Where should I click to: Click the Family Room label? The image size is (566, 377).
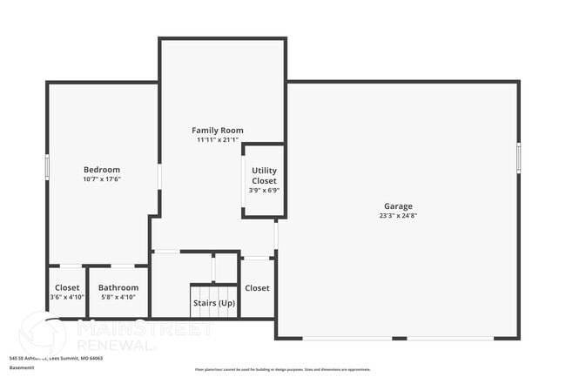(x=218, y=130)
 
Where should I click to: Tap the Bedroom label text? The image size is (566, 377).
(x=102, y=170)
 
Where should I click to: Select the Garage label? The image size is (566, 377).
(x=398, y=206)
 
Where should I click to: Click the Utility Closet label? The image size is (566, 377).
(x=264, y=175)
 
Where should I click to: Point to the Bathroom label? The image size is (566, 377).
(x=118, y=287)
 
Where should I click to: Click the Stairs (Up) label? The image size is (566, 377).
(x=214, y=303)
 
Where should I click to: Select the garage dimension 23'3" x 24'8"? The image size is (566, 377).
(x=398, y=216)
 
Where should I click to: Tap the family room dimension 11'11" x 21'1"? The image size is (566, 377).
(x=218, y=139)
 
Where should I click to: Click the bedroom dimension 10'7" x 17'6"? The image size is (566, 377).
(x=102, y=179)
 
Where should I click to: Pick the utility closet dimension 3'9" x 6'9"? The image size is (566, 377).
(x=264, y=190)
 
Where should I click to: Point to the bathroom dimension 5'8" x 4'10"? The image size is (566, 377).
(x=118, y=297)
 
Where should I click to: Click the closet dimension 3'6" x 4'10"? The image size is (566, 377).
(x=67, y=297)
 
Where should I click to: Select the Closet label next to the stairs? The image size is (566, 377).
(x=257, y=287)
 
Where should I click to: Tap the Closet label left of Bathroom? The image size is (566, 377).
(x=67, y=287)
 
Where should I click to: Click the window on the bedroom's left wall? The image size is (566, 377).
(x=47, y=166)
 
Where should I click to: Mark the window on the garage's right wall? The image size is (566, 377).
(x=518, y=158)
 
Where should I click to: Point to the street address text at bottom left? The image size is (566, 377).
(x=56, y=358)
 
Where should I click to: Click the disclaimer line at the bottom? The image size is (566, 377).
(x=282, y=370)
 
